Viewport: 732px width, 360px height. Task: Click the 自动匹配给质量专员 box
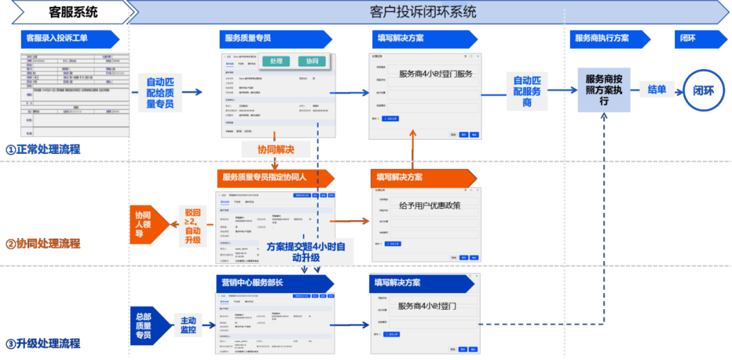pos(160,92)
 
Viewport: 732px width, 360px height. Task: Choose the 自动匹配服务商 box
pos(527,92)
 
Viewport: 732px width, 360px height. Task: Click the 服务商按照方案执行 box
pos(603,89)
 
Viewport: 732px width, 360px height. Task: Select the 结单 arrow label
pos(657,89)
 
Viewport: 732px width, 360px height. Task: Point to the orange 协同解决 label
pos(275,148)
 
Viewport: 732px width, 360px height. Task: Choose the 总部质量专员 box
pos(144,325)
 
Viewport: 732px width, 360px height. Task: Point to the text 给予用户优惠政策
pos(429,205)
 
